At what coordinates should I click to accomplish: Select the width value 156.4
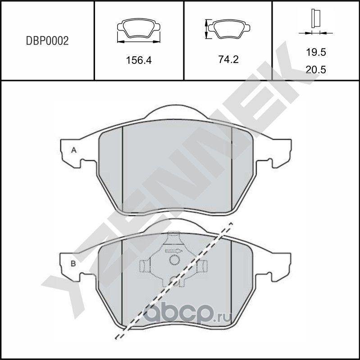(138, 60)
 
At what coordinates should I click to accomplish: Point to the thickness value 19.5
(315, 53)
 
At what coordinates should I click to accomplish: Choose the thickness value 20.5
(315, 70)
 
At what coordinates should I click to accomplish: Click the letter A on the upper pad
(73, 150)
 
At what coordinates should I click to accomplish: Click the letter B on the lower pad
(73, 263)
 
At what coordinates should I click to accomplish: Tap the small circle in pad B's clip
(173, 260)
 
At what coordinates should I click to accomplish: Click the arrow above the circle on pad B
(173, 250)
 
